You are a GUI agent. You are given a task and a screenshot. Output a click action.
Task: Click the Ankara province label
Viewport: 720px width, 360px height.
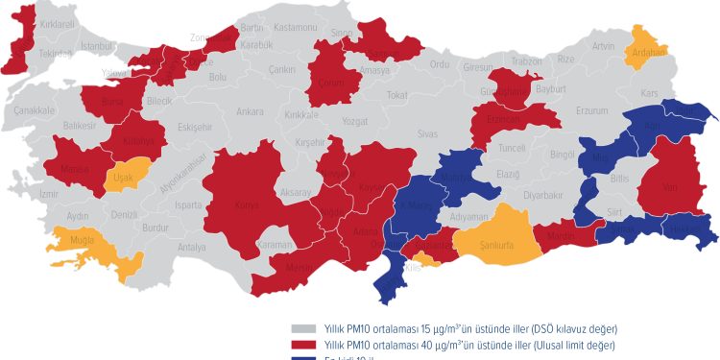click(x=250, y=111)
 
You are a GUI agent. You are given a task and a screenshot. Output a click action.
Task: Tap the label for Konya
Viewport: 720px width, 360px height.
click(x=247, y=204)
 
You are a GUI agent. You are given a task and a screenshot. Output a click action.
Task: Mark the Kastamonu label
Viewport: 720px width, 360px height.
click(x=295, y=28)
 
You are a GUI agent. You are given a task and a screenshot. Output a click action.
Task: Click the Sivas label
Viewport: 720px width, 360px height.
click(x=427, y=134)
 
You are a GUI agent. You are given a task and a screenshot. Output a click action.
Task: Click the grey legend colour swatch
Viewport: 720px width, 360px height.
click(x=304, y=329)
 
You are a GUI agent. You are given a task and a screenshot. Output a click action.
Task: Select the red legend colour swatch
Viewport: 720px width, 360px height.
click(x=304, y=345)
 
